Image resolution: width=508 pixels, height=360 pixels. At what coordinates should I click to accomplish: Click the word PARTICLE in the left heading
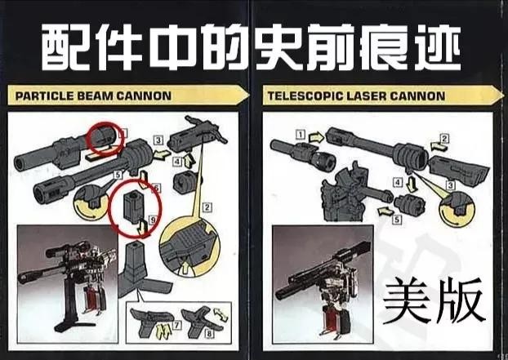45,96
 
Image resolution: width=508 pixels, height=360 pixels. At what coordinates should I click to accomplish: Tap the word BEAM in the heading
95,96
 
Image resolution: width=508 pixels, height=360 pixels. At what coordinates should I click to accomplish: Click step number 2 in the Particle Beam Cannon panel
207,207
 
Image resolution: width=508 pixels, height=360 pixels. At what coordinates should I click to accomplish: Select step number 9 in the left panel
152,220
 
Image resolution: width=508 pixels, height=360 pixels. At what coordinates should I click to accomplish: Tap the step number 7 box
177,325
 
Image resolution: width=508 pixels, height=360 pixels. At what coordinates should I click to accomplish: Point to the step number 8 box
209,333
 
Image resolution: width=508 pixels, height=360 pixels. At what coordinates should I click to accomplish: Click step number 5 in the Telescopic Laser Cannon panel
397,220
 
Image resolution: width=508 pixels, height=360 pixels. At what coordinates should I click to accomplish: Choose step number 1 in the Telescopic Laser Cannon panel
301,135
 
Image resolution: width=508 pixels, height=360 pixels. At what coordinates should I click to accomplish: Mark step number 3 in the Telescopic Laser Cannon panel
450,185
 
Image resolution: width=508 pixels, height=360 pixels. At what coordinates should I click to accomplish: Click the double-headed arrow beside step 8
221,314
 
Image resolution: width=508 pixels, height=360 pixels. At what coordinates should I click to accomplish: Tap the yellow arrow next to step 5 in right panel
385,211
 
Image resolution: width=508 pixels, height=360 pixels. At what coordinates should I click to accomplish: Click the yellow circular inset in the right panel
457,209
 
